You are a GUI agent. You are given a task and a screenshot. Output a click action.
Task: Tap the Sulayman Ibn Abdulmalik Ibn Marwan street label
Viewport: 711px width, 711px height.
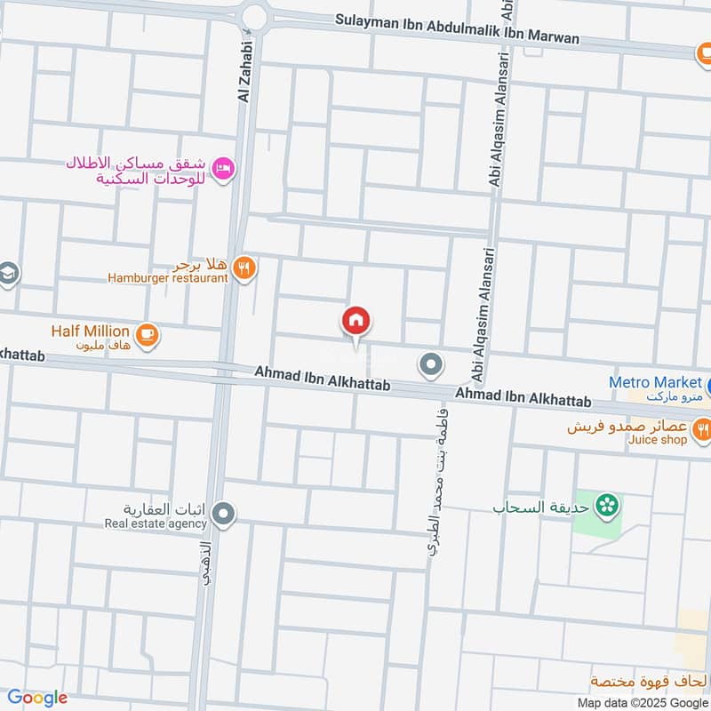[458, 29]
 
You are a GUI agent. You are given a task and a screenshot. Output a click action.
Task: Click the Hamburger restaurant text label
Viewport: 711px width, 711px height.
[168, 278]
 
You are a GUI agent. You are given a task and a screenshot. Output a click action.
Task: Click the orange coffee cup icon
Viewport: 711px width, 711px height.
[148, 333]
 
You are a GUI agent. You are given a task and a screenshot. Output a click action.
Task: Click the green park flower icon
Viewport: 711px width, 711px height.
[608, 506]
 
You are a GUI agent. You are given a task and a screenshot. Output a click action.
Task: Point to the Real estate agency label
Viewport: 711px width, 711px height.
[156, 523]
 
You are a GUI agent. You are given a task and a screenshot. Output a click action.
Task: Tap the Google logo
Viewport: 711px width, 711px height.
[37, 698]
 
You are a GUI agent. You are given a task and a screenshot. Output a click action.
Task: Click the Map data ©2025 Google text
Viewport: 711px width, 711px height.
[650, 702]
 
